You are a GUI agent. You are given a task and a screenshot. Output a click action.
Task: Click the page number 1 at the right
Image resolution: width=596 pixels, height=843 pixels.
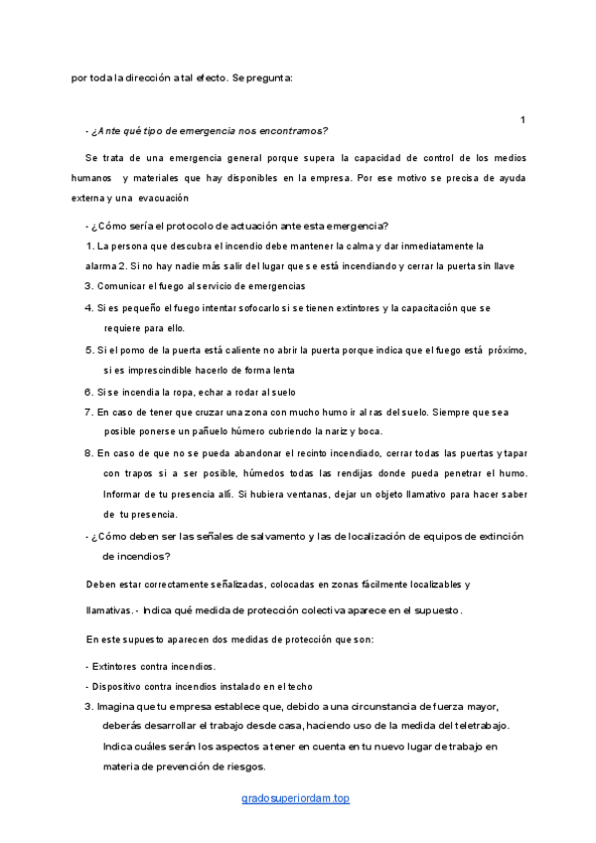tap(522, 120)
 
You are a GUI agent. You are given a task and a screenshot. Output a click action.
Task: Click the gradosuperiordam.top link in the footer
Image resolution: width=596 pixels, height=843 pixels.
tap(296, 798)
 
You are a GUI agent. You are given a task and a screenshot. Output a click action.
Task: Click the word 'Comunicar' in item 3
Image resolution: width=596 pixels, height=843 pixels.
tap(120, 286)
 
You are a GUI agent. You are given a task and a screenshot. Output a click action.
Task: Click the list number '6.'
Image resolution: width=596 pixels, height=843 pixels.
tap(88, 393)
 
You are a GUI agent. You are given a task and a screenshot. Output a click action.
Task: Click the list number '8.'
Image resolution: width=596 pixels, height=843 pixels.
tap(88, 452)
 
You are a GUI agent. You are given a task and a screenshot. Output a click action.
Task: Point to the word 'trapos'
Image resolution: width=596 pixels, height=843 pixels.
tap(144, 472)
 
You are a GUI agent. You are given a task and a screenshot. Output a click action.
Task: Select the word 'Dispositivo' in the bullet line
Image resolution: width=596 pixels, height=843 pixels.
tap(121, 687)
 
